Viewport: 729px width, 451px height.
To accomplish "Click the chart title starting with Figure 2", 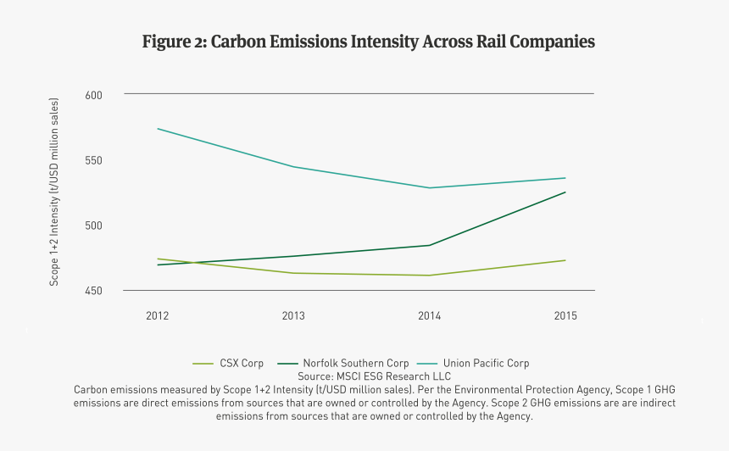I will (x=368, y=42).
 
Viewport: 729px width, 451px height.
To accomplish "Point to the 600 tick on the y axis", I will (x=93, y=95).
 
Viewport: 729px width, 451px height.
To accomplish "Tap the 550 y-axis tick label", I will (x=93, y=160).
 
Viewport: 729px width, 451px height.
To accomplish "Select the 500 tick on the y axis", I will (x=93, y=225).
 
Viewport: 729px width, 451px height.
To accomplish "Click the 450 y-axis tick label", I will (x=93, y=291).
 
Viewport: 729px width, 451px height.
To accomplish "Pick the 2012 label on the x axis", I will (x=157, y=316).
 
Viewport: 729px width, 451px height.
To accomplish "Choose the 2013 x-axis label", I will (x=293, y=316).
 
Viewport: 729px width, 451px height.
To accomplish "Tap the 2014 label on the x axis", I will (x=430, y=316).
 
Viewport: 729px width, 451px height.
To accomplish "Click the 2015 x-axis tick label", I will (x=565, y=316).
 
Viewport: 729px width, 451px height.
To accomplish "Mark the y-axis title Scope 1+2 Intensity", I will (x=54, y=192).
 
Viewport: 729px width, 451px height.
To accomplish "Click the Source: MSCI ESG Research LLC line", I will (x=374, y=376).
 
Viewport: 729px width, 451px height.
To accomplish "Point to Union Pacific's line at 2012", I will (x=158, y=129).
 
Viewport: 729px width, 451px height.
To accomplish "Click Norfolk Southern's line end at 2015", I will (x=565, y=192).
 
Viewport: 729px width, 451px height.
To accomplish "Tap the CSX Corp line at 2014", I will (x=430, y=276).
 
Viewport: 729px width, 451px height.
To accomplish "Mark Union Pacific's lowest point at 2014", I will (x=430, y=188).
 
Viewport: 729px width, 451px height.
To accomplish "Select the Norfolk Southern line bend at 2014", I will (x=430, y=245).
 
